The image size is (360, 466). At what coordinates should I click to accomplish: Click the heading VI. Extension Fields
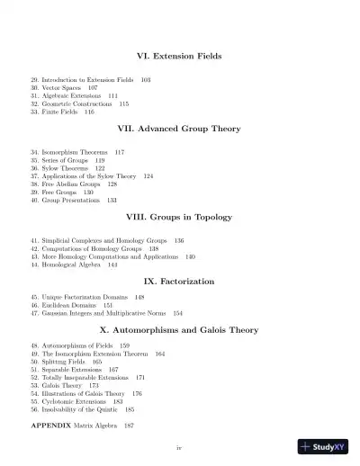click(179, 57)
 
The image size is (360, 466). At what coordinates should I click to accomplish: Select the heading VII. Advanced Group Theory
click(179, 130)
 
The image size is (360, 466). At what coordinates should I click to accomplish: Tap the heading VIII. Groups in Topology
click(179, 218)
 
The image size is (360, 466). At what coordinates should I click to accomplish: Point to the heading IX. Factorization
click(179, 282)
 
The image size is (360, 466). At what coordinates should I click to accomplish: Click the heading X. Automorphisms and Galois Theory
click(179, 330)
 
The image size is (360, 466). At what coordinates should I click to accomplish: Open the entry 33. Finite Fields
click(62, 112)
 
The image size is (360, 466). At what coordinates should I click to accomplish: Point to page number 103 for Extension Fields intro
click(146, 80)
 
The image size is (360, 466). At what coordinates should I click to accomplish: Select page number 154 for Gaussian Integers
click(177, 313)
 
